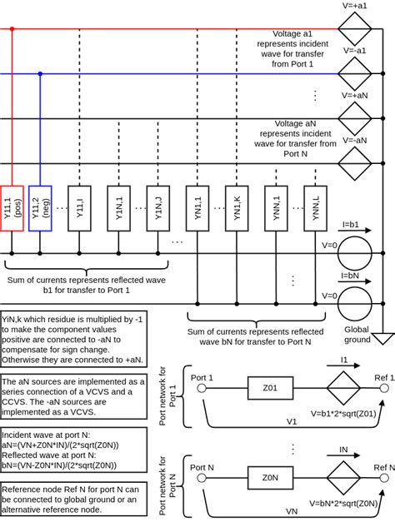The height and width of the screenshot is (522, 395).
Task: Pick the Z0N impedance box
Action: [270, 478]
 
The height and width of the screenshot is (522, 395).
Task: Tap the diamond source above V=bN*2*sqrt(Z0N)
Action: [342, 478]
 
